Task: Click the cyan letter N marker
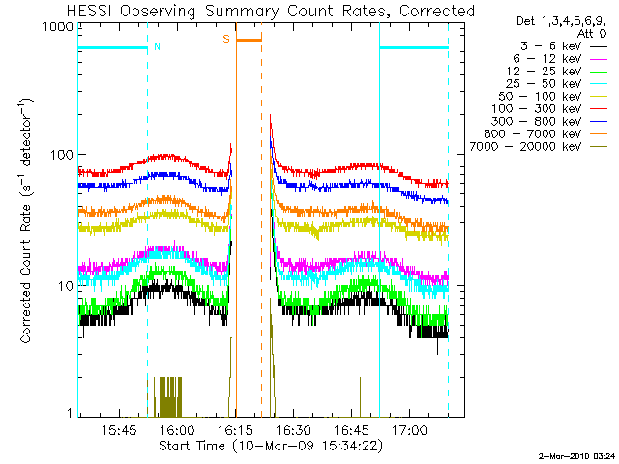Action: pyautogui.click(x=157, y=45)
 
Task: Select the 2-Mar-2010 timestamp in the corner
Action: pyautogui.click(x=576, y=454)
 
